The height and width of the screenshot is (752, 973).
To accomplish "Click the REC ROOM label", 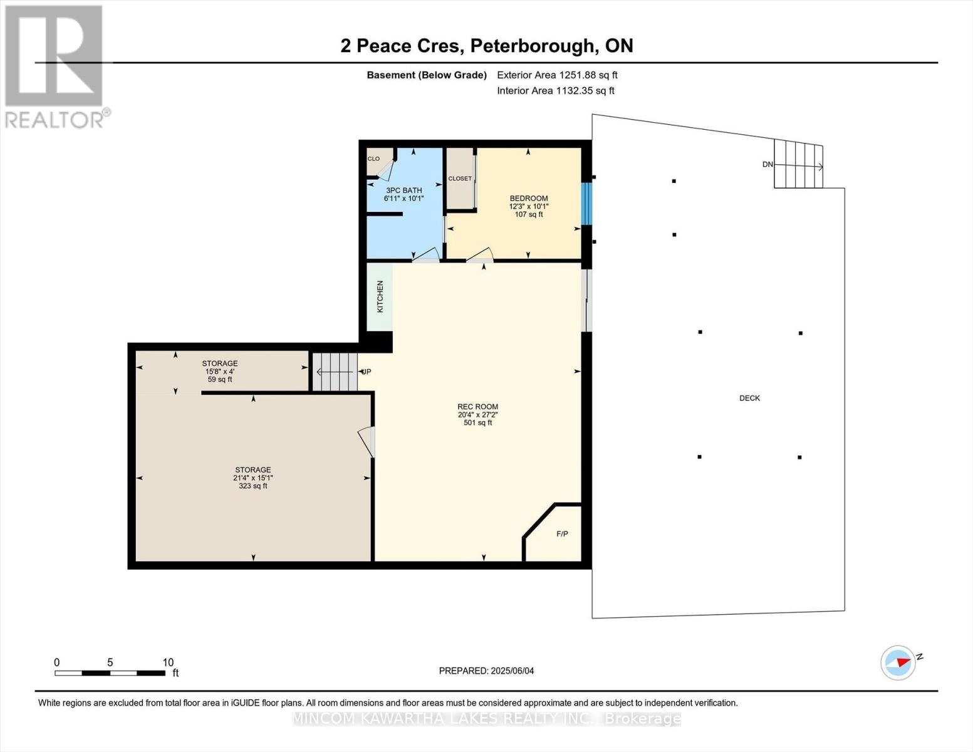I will point(477,407).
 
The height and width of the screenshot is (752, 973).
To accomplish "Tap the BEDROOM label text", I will point(528,199).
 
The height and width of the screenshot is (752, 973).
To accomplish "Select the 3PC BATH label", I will point(403,191).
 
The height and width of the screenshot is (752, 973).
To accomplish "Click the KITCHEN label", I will point(380,296).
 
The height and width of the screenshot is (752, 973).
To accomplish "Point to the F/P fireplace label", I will point(562,534).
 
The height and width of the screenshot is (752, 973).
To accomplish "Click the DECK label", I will point(749,398).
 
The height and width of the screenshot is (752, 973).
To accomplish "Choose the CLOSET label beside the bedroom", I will point(460,179).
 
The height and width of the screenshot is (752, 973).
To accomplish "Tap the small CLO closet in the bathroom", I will point(373,159).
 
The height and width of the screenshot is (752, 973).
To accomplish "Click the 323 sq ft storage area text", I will point(252,486).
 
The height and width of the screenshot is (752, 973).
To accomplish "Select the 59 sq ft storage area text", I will point(219,379).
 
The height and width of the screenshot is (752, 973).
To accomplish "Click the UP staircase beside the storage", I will point(335,372).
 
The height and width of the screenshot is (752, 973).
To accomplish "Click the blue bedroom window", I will point(586,204).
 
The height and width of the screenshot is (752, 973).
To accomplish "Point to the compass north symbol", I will point(898,662).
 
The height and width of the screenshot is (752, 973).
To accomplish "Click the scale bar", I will point(110,673).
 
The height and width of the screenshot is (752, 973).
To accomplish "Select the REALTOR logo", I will point(55,66).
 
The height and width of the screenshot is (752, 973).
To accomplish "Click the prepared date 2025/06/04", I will point(486,671).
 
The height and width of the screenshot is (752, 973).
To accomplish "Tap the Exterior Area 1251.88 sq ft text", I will point(557,75).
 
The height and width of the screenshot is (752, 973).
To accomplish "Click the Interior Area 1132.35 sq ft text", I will point(555,90).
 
